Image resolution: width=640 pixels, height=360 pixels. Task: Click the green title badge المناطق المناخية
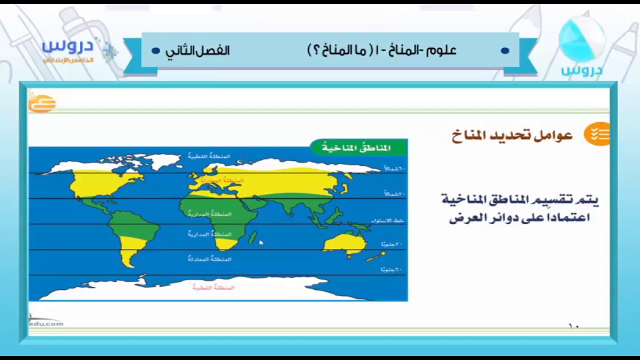358,147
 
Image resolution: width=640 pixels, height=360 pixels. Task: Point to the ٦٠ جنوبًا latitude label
391,270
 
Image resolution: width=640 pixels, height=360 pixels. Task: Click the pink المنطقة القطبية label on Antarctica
213,287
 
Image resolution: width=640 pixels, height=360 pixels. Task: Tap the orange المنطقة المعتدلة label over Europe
222,180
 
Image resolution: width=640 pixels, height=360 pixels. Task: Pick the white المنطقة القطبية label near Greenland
209,156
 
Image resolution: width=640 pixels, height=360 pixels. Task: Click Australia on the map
345,243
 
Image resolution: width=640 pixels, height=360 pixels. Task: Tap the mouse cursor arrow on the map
261,242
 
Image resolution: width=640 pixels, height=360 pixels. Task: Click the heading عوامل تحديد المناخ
512,135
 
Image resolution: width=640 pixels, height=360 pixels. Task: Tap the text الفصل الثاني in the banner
197,50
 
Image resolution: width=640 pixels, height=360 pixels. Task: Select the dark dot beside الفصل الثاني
155,51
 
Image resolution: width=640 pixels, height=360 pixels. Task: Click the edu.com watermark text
46,323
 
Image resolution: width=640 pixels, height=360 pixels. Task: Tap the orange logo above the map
41,103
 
